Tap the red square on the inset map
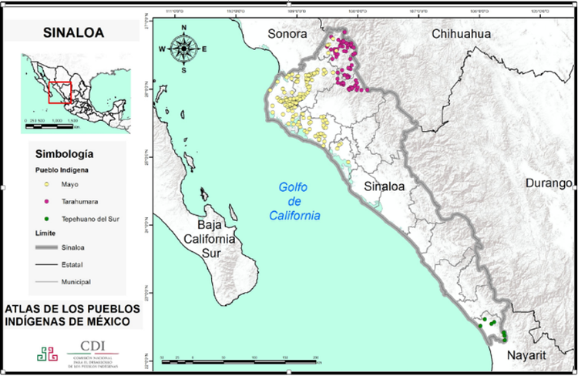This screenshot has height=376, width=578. click(60, 92)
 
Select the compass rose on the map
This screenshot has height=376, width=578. click(184, 48)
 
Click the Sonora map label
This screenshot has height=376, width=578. click(287, 35)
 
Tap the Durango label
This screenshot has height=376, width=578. click(550, 183)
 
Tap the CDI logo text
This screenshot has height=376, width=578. click(92, 345)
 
